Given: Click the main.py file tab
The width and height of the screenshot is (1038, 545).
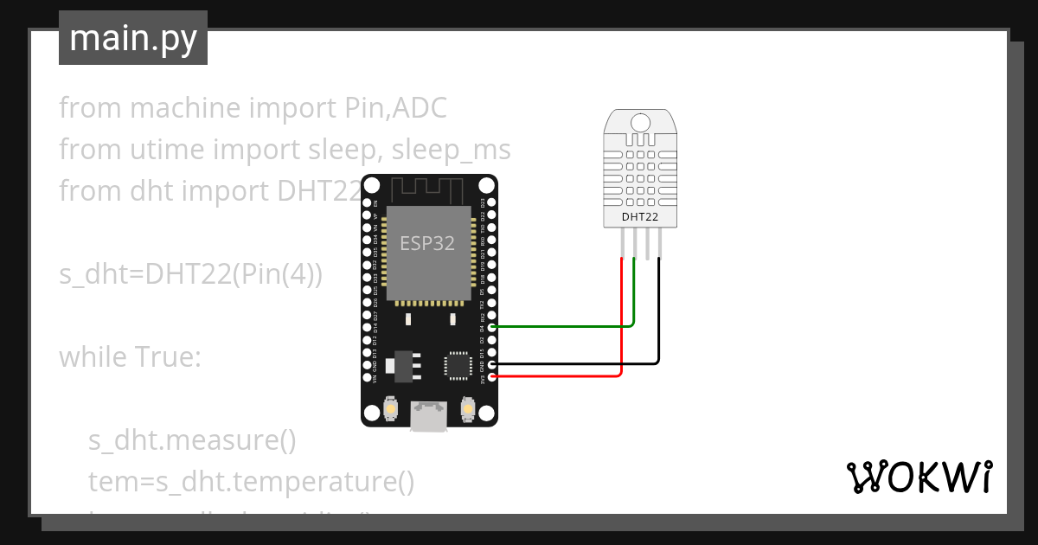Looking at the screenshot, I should coord(132,38).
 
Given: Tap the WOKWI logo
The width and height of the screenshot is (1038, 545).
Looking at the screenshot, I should coord(918,477).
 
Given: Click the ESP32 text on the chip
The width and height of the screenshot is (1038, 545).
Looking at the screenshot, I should coord(427,243).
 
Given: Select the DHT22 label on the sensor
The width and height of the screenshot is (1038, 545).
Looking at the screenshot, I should coord(640,217).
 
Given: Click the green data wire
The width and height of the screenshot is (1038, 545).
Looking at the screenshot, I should coord(562,327).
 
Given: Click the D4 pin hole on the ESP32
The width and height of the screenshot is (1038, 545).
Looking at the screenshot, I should coord(492,327).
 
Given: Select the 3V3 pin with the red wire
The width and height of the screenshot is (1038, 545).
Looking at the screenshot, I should coord(492,376).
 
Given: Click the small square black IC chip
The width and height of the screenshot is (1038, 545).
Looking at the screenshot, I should coord(457,364).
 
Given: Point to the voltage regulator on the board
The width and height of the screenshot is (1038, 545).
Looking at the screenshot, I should coord(404,364).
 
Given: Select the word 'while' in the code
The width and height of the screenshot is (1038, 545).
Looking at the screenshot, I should coord(91,356).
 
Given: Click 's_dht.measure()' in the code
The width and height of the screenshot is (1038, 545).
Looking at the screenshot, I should coord(192,440).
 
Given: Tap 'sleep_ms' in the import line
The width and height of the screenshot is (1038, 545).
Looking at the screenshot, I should coord(451,150).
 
